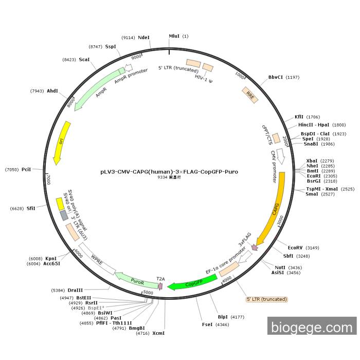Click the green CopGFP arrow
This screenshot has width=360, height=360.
(x=186, y=283)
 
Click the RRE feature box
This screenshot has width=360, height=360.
(x=250, y=95)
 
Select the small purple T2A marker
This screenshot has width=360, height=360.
(x=160, y=285)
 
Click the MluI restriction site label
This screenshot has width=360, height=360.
(x=174, y=37)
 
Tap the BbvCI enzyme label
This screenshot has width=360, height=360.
(x=276, y=78)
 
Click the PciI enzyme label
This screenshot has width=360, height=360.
(x=26, y=169)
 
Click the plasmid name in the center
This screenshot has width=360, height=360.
(x=169, y=172)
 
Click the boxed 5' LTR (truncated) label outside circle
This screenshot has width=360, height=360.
(x=266, y=299)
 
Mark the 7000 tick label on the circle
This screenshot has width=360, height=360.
(x=49, y=179)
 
